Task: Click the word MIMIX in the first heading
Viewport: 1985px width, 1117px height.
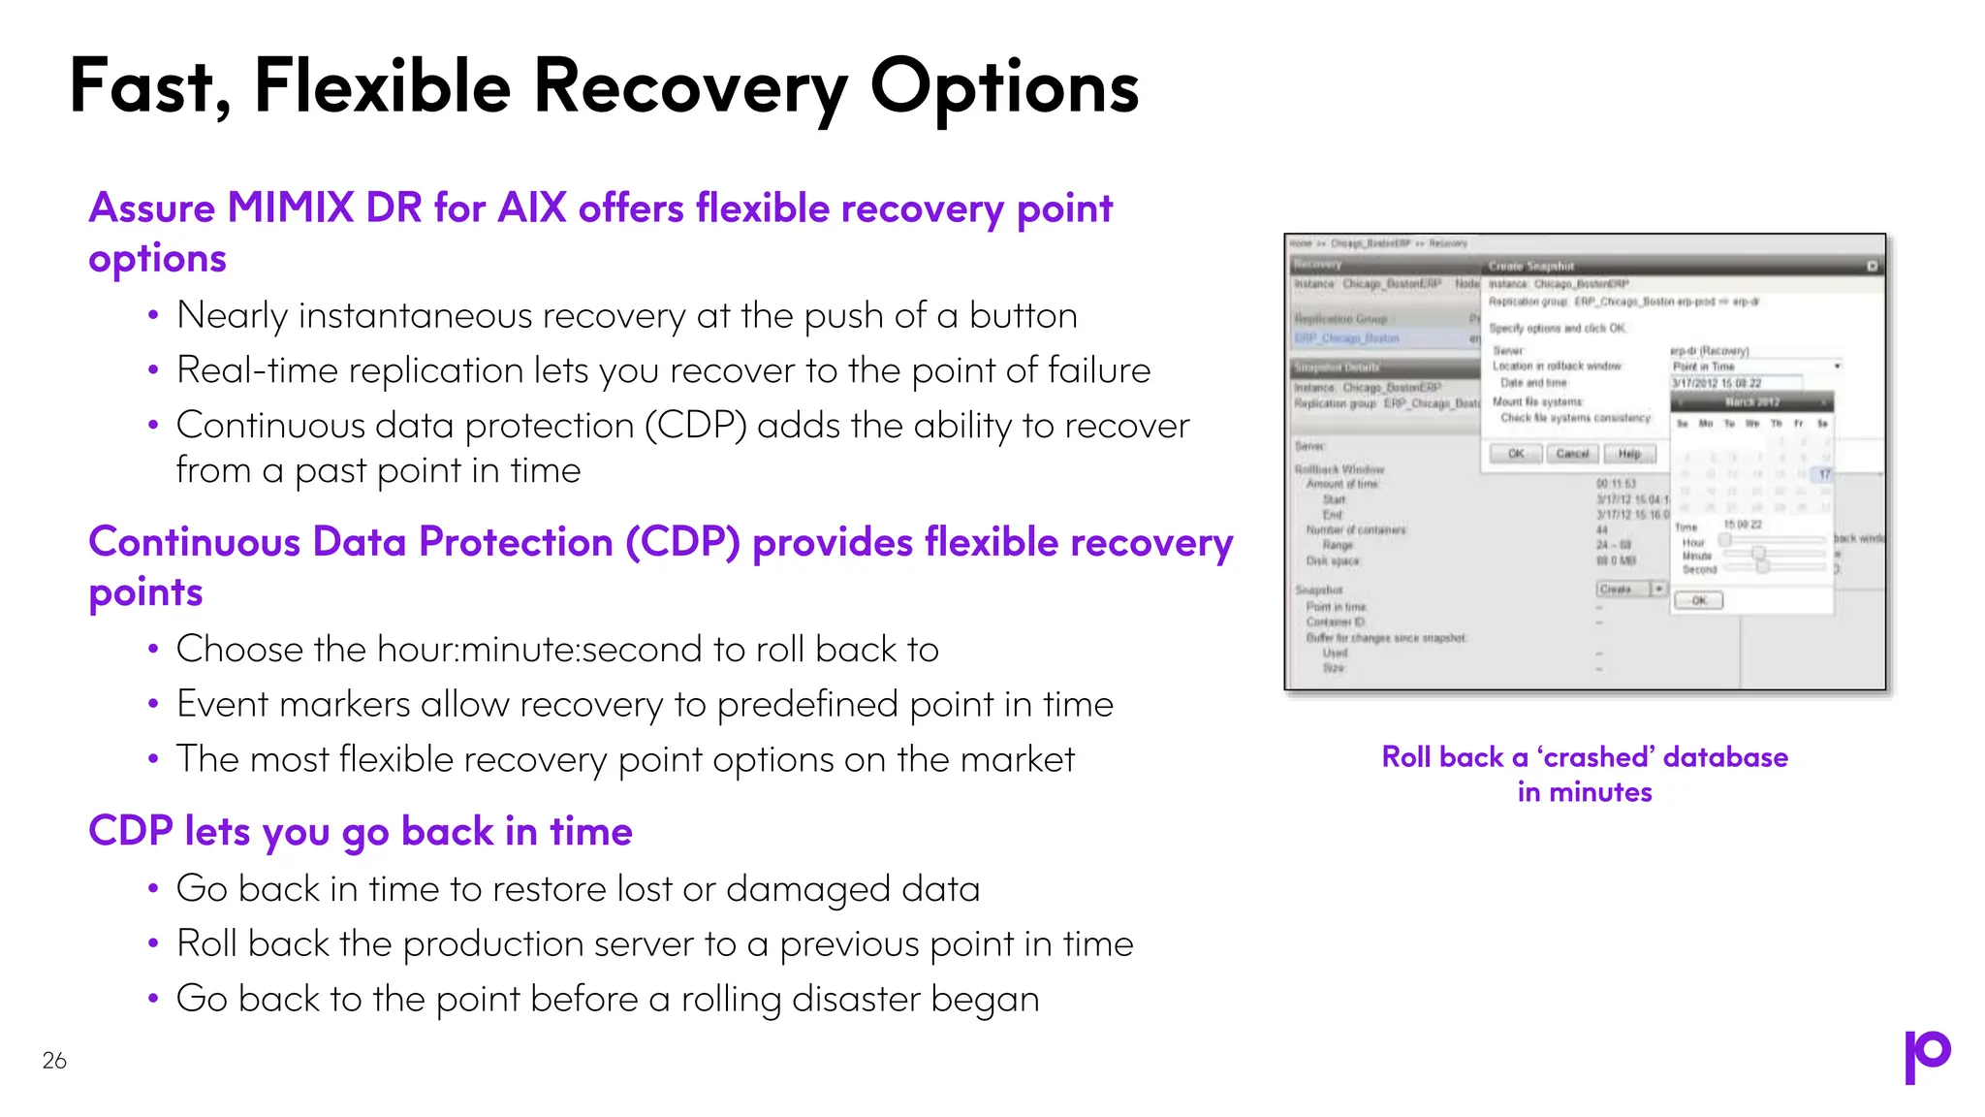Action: click(290, 208)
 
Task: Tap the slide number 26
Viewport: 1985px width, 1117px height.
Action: click(54, 1061)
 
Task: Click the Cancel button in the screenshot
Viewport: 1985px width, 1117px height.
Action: click(1572, 454)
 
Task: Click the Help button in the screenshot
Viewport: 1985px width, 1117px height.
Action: click(1629, 454)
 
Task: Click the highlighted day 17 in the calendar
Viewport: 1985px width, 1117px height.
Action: click(1824, 474)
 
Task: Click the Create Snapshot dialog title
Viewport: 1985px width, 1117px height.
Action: click(1531, 266)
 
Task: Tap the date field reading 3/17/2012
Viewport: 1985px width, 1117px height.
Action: click(1735, 384)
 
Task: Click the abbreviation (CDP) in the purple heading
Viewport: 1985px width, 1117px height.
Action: click(683, 543)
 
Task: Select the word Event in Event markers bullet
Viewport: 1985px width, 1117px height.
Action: click(222, 705)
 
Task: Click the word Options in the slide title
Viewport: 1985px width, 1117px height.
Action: click(1004, 87)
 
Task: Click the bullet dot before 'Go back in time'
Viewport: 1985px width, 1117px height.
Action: click(153, 889)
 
